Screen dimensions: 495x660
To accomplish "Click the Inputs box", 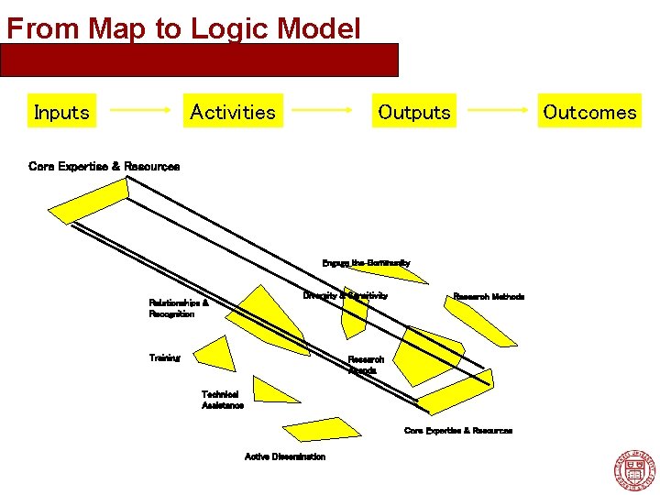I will point(61,112).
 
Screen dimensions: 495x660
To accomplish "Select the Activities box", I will point(232,112).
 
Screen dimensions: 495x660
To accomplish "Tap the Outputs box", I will point(414,112).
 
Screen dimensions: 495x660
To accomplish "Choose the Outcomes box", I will point(589,112).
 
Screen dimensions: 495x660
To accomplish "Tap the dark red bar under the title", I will point(200,60).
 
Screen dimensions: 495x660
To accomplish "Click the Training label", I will point(165,358).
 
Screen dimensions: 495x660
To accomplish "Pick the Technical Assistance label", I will point(223,400).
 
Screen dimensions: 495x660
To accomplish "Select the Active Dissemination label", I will point(284,456).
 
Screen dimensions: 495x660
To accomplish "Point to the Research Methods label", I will point(489,297).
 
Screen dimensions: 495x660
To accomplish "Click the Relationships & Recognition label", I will point(179,308).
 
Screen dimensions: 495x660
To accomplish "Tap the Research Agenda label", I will point(366,365).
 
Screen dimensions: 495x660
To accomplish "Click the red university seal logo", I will point(633,470).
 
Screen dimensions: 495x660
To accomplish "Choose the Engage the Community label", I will point(366,263).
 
